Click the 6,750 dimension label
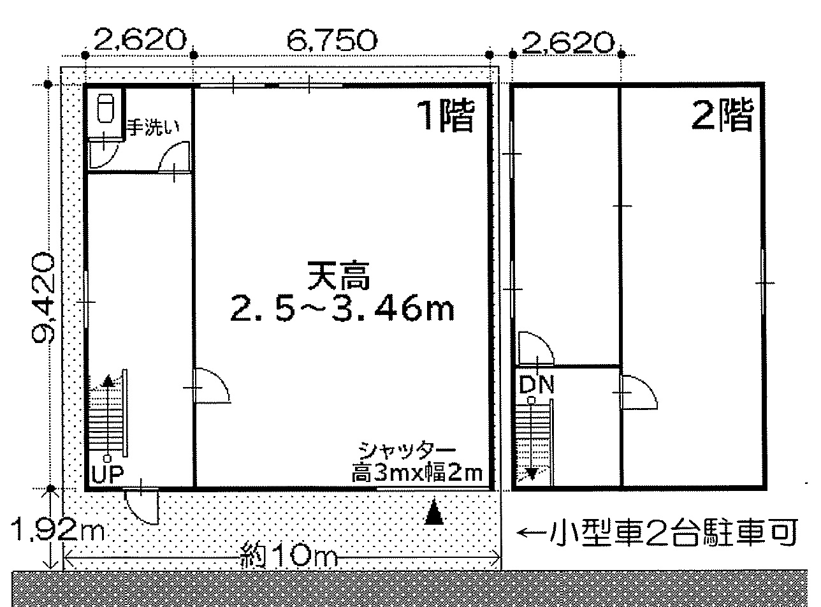(332, 40)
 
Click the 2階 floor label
(722, 115)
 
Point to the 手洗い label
(153, 127)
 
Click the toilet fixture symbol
(106, 108)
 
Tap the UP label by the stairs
(107, 474)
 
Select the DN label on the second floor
(536, 384)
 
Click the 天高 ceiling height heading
(338, 275)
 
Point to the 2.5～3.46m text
(342, 308)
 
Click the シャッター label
(407, 450)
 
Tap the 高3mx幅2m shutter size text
(417, 472)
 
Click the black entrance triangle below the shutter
(434, 512)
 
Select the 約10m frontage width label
(289, 555)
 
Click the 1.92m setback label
(57, 530)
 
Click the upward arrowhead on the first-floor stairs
(108, 381)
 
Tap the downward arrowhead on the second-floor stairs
(532, 474)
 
